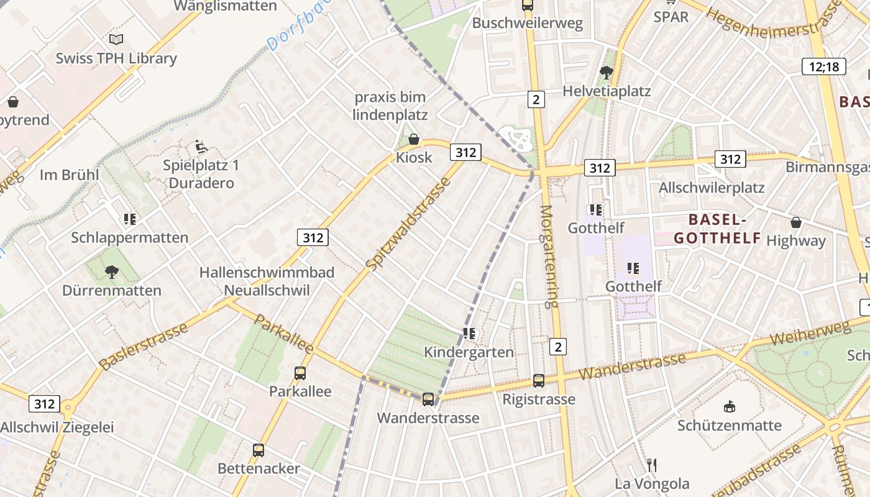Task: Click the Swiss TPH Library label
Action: pos(116,58)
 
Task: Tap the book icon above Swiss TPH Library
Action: pos(116,39)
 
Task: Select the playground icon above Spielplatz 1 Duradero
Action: pos(201,147)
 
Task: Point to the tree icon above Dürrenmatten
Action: pos(112,271)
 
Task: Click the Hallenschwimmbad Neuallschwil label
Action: pos(267,281)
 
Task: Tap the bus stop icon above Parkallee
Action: pos(300,373)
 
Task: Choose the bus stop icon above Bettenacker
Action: pos(259,450)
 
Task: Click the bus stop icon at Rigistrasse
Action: pos(539,381)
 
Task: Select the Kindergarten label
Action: pos(469,352)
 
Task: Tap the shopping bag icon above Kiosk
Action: pos(413,139)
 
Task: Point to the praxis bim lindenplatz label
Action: pos(390,106)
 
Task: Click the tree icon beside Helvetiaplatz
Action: pos(606,73)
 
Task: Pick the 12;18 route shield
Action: pos(824,66)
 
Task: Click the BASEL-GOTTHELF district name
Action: pos(717,229)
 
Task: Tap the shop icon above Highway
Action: pos(795,222)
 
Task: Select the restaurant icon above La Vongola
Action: pos(652,465)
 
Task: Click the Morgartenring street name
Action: pos(549,257)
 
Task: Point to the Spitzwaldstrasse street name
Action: pos(408,224)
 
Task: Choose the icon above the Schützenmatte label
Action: pos(730,407)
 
